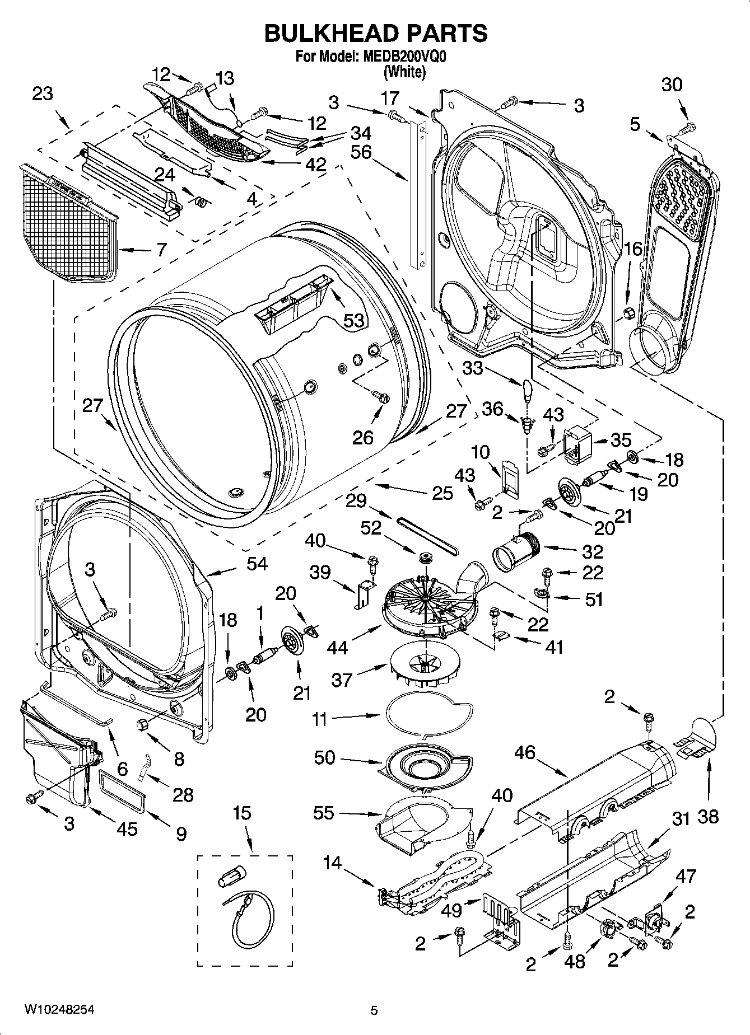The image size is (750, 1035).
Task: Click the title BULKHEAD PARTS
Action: [x=375, y=34]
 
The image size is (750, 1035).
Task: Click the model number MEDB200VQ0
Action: [x=406, y=57]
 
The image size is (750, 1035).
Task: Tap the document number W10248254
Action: [x=58, y=1010]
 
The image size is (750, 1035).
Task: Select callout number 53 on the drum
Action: [x=353, y=320]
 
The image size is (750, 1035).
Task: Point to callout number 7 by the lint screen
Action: [x=161, y=250]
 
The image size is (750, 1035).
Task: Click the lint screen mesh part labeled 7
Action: [x=67, y=224]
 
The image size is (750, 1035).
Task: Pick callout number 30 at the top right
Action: [x=672, y=85]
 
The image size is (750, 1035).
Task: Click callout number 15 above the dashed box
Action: [x=242, y=813]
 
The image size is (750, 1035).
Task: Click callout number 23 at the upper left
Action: [x=42, y=93]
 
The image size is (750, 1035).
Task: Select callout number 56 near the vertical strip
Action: [x=361, y=152]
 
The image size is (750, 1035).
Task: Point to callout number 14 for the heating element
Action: [x=332, y=863]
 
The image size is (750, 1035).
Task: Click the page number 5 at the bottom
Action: [x=374, y=1010]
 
